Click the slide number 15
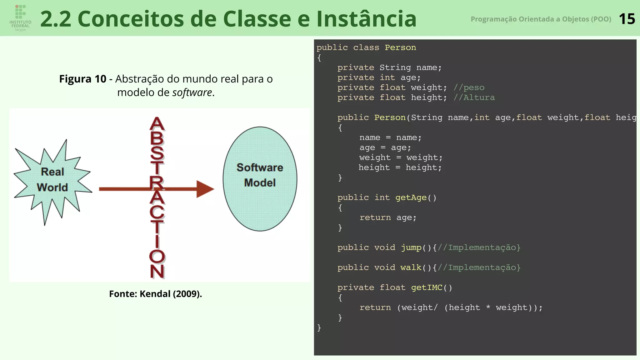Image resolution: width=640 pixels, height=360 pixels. [x=627, y=19]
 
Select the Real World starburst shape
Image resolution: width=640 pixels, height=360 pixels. [x=52, y=180]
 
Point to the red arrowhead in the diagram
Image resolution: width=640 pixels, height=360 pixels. [x=205, y=189]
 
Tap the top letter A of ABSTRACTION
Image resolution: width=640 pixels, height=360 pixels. [x=157, y=124]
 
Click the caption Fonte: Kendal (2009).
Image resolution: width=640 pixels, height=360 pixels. [x=155, y=294]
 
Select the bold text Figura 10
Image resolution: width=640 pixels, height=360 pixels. [x=83, y=79]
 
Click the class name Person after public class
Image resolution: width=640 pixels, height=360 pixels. [x=400, y=47]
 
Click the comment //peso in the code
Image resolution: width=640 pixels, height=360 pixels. [x=469, y=87]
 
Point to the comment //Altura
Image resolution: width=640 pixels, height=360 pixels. [x=474, y=97]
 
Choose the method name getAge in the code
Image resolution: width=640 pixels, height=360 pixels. [x=411, y=197]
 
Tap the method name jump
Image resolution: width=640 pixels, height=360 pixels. [x=411, y=247]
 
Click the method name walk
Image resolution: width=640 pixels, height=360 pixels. [x=411, y=267]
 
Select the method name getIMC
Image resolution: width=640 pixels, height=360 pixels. [x=427, y=287]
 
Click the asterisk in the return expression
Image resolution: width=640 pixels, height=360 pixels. [x=488, y=308]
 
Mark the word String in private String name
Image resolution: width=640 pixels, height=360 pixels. [x=395, y=67]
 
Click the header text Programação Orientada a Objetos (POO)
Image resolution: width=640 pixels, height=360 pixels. [x=541, y=19]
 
